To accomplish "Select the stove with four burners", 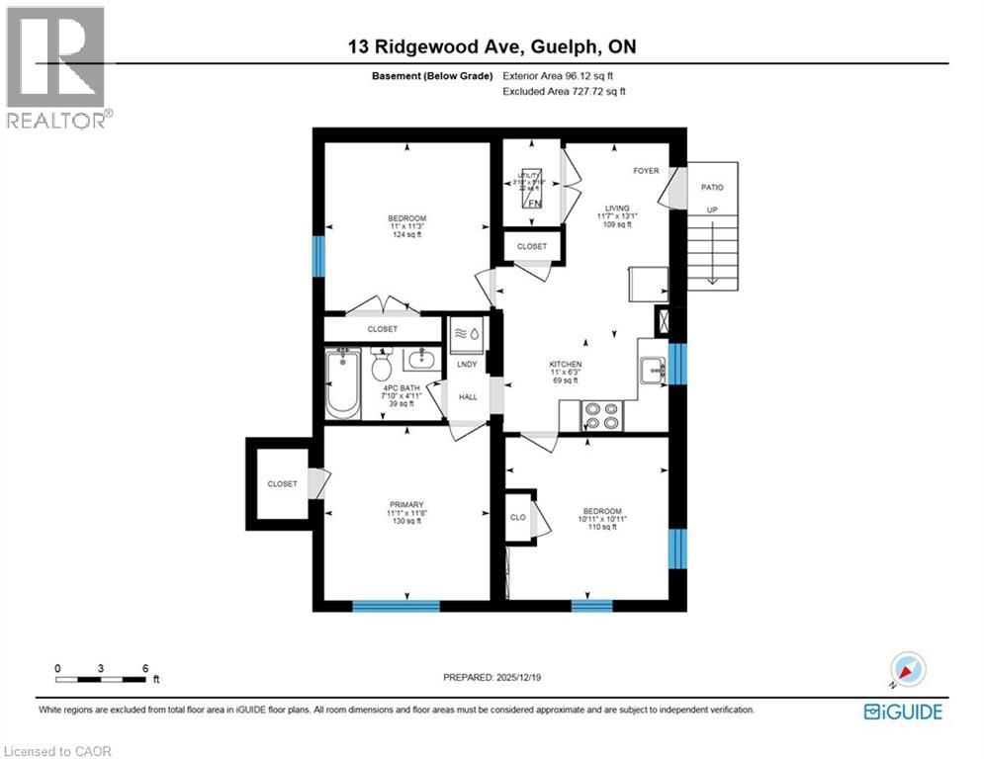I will coord(601,415).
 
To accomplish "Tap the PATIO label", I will coord(712,187).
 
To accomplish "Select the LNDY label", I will coord(467,365).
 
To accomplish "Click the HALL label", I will coord(467,397).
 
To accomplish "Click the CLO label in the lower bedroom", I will coord(518,516).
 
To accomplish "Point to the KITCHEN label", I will coord(566,364).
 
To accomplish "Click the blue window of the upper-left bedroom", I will coord(318,257).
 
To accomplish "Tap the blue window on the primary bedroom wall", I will coord(397,605).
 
